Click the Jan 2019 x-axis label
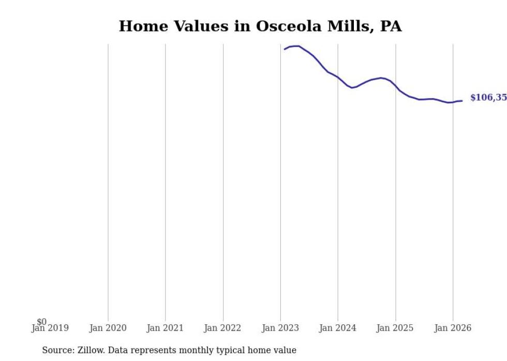50,328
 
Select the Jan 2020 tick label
108,328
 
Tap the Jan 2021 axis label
165,328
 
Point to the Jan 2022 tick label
222,328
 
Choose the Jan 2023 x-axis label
280,328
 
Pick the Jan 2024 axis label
337,328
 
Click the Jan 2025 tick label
395,328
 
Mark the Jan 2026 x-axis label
453,328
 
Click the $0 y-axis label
41,322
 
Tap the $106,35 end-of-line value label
488,98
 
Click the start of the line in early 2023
285,49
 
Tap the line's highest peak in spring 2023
296,46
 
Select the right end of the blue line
462,101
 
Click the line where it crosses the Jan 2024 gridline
338,77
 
